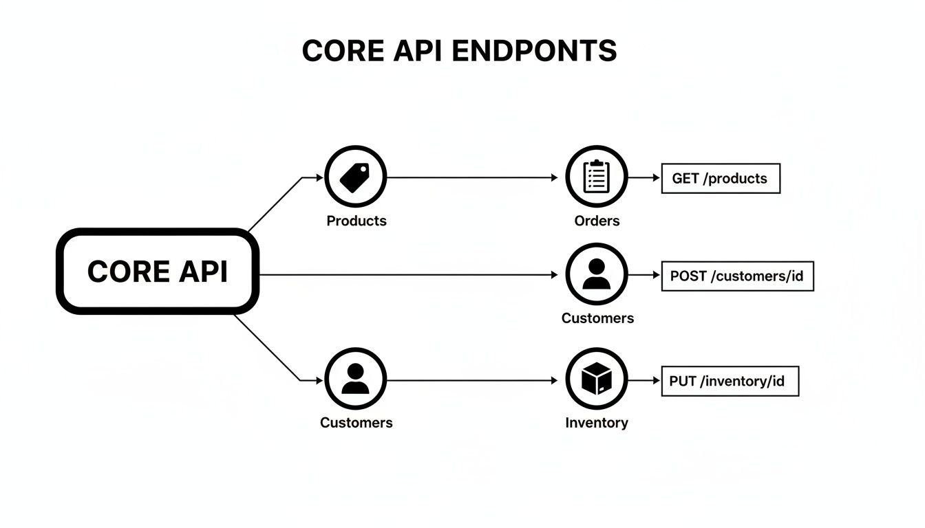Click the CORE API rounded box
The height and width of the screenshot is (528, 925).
157,272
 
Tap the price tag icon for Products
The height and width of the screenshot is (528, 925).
355,177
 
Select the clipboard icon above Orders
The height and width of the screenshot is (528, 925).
596,177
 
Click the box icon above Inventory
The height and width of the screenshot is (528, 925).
596,379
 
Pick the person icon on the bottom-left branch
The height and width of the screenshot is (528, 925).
355,379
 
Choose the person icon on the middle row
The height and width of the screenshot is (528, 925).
596,274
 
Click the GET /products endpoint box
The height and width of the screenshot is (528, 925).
720,178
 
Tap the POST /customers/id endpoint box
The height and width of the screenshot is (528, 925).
736,276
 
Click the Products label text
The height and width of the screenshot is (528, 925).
356,221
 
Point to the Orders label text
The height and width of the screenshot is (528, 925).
597,221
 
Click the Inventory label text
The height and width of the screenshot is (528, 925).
596,423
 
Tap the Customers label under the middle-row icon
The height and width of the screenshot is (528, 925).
597,318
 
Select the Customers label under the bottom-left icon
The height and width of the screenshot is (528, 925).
356,423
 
